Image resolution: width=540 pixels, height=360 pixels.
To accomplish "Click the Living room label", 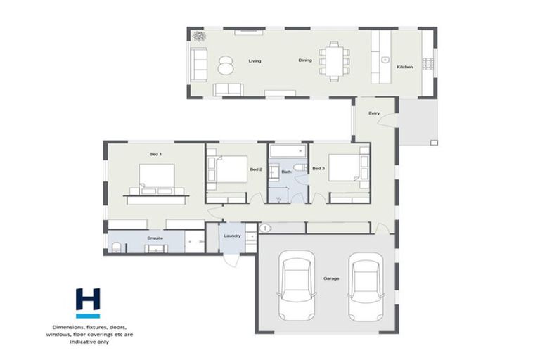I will pos(255,61).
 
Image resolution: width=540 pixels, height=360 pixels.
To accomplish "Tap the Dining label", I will pos(304,61).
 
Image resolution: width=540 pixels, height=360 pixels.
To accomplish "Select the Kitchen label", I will pos(405,67).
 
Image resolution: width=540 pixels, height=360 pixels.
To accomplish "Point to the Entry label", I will pos(374,112).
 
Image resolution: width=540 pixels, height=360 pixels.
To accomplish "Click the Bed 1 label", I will pos(155,153).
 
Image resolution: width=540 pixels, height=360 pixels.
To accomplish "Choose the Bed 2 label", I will pos(256,169).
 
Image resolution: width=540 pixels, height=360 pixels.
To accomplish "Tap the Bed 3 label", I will pos(318,169).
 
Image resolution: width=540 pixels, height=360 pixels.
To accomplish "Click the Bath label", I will pos(286,172).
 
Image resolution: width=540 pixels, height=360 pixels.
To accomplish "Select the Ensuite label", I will pos(155,238).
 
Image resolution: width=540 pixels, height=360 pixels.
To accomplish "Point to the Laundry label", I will pos(232,236).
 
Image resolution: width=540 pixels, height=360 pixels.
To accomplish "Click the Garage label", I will pos(331,278).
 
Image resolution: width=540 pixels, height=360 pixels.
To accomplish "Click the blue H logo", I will pos(89,301).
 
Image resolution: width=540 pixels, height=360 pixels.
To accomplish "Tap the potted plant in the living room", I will pos(199,36).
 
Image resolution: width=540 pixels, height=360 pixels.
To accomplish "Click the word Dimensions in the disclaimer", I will pos(70,326).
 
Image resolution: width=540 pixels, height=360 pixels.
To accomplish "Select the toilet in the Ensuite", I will pos(115,246).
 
